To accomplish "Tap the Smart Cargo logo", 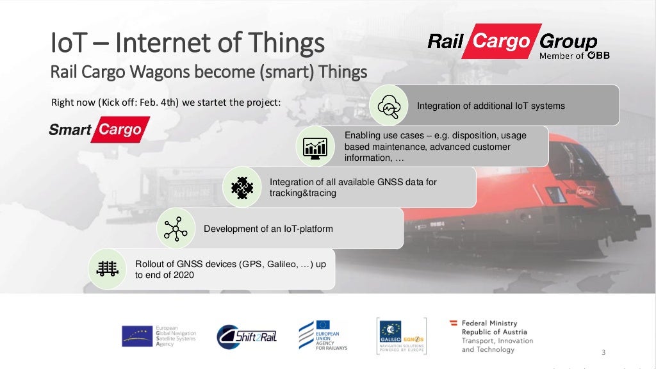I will point(99,130).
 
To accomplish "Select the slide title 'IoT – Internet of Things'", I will point(187,43).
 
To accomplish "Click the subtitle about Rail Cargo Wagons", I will point(208,71).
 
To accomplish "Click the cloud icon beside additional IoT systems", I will point(389,105).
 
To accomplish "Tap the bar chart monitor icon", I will point(316,147).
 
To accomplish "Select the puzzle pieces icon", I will point(242,187).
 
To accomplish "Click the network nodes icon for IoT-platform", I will point(175,229).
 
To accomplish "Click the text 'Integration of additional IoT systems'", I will point(491,106).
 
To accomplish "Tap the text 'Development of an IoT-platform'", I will point(268,229).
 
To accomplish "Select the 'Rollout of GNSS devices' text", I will point(231,269).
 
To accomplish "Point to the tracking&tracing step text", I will point(353,187).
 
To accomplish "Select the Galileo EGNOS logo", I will point(400,335).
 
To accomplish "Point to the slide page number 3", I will point(603,353).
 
